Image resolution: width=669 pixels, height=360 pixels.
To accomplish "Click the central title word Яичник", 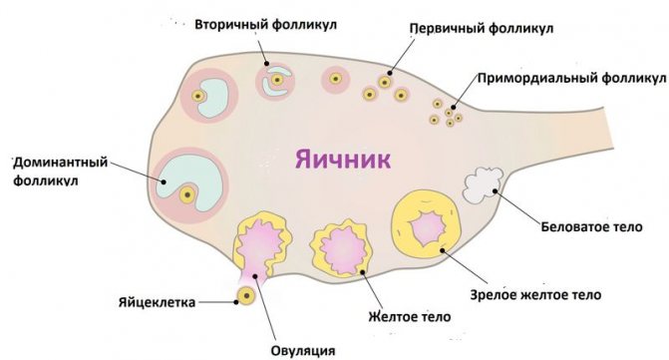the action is (340, 159).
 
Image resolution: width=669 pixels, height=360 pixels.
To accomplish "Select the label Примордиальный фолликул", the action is (570, 76).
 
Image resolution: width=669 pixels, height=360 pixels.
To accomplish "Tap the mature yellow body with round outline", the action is (427, 225).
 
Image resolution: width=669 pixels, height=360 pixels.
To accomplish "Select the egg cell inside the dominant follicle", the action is (186, 196).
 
